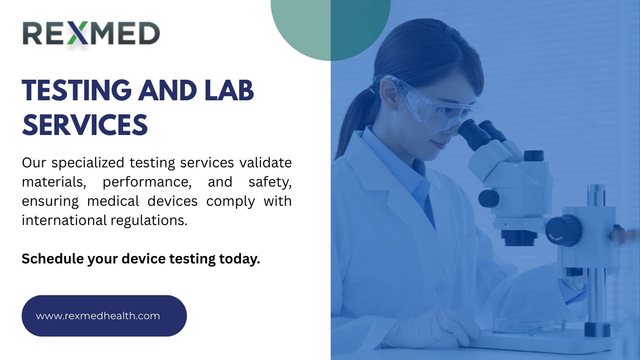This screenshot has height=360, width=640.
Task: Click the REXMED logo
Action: [x=91, y=34]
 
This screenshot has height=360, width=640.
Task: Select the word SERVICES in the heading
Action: [x=85, y=125]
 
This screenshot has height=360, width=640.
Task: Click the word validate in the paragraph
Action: [x=266, y=163]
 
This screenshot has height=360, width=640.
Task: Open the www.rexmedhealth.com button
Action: [x=104, y=316]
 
